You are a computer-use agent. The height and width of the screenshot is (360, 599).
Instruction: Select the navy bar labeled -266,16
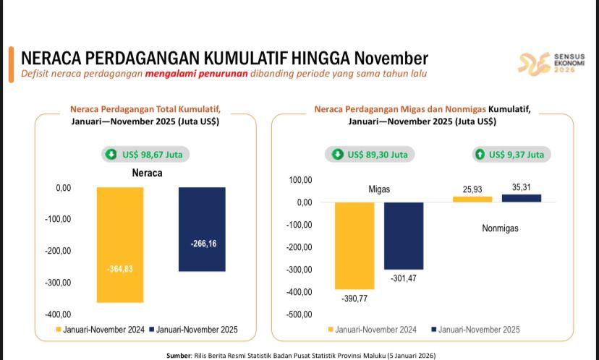tap(202, 229)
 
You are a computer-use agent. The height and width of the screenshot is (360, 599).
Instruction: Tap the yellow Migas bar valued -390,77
tap(354, 245)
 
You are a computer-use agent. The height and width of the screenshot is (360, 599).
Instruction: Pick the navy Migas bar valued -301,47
tap(404, 236)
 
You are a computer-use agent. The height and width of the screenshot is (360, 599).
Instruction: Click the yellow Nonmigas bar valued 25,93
tap(472, 199)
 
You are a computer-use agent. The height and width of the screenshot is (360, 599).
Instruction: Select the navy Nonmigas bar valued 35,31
tap(521, 198)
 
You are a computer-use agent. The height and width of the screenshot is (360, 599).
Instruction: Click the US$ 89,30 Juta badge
tap(370, 154)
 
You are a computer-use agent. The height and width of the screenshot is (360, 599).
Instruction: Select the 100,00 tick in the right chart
tap(299, 180)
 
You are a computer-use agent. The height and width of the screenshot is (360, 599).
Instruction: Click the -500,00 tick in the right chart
tap(299, 314)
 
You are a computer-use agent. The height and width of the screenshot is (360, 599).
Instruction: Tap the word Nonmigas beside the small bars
tap(500, 228)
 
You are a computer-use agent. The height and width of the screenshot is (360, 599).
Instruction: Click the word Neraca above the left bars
tap(147, 173)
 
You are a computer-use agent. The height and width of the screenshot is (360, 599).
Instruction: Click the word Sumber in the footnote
tap(179, 356)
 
